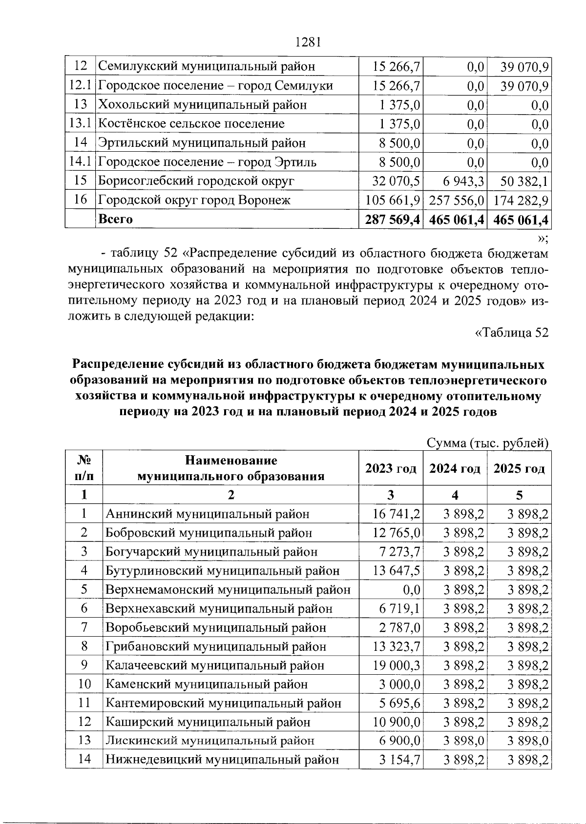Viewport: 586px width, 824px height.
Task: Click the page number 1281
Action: click(308, 42)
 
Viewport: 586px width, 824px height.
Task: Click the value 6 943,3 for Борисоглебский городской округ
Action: click(457, 181)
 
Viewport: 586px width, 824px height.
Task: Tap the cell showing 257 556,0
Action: click(457, 201)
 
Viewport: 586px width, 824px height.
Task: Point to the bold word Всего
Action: click(116, 219)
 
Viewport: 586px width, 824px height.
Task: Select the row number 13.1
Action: click(81, 123)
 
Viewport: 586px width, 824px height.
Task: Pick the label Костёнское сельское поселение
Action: click(191, 124)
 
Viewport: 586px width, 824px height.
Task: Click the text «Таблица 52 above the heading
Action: click(512, 333)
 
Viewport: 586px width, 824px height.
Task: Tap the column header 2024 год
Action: click(455, 468)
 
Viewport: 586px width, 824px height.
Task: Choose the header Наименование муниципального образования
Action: click(230, 468)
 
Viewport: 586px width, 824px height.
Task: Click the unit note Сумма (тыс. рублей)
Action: click(488, 443)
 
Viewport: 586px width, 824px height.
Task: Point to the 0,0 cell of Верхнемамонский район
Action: click(412, 590)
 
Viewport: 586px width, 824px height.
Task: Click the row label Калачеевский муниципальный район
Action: click(215, 665)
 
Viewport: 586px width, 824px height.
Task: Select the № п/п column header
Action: click(84, 468)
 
